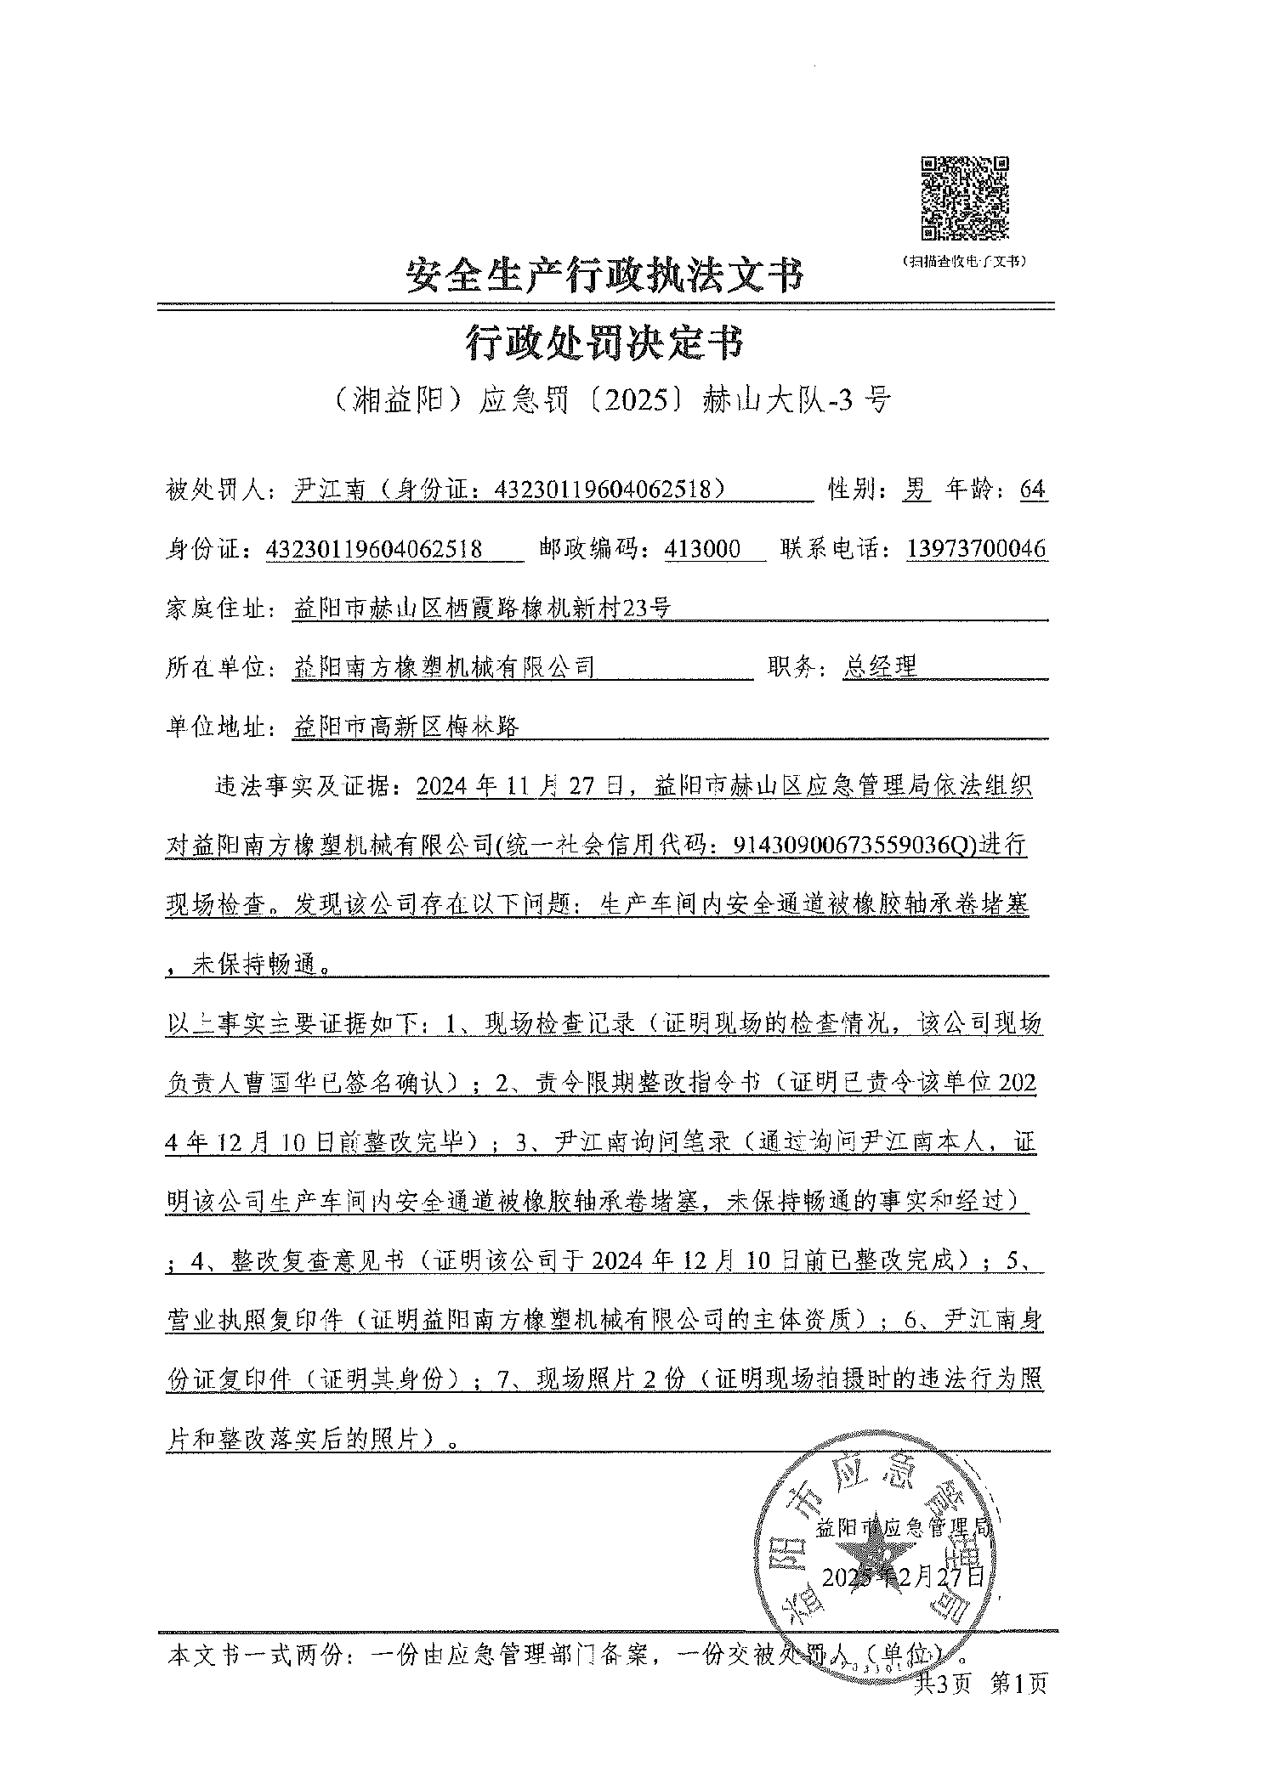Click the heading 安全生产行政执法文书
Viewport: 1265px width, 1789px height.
coord(604,275)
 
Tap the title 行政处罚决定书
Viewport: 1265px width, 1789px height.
coord(604,343)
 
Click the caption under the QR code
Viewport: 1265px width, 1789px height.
coord(965,262)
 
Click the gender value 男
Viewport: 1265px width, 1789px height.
coord(915,490)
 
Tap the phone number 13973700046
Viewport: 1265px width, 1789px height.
coord(977,549)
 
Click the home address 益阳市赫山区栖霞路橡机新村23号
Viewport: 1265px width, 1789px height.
coord(481,608)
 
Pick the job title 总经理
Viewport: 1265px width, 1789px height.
coord(880,667)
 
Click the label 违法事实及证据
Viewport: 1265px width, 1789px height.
coord(305,786)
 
